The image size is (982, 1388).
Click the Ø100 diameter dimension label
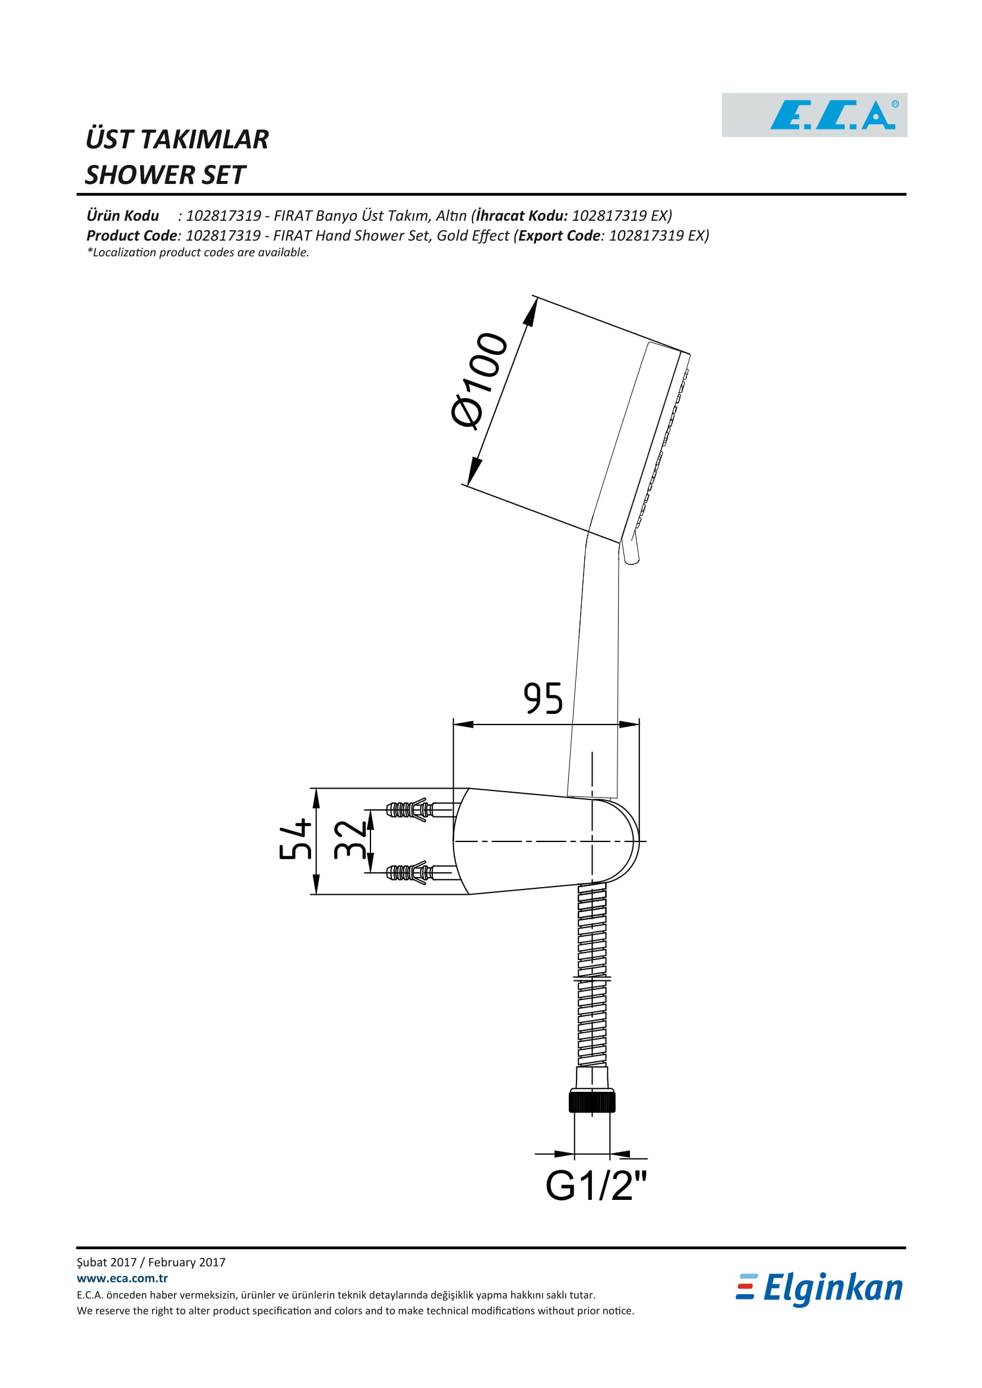click(479, 380)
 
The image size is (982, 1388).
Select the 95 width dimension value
click(543, 699)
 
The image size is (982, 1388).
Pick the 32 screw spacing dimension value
click(350, 840)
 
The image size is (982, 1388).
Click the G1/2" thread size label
click(595, 1186)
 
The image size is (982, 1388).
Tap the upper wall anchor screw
click(410, 809)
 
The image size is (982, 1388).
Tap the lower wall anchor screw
click(410, 872)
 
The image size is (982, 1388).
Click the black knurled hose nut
click(592, 1101)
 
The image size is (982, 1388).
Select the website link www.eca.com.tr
click(122, 1278)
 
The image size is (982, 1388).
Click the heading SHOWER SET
click(165, 174)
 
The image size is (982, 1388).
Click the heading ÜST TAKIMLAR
click(177, 139)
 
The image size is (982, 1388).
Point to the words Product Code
click(132, 236)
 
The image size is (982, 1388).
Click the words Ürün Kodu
click(123, 216)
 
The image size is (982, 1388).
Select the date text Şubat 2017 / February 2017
click(151, 1262)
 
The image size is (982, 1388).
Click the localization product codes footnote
click(198, 253)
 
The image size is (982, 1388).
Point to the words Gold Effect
click(473, 236)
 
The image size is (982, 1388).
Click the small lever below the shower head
click(631, 551)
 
